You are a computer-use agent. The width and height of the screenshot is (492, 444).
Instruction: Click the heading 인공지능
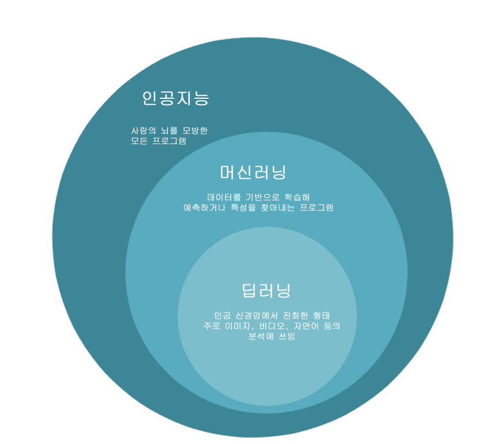[x=176, y=98]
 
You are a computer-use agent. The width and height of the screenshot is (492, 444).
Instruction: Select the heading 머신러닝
[x=253, y=172]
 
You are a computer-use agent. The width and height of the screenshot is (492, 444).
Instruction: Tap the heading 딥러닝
[x=266, y=290]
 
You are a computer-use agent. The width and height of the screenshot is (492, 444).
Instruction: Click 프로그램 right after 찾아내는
[x=319, y=207]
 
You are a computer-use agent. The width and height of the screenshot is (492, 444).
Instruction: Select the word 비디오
[x=274, y=326]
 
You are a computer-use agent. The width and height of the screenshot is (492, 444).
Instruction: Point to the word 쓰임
[x=286, y=336]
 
